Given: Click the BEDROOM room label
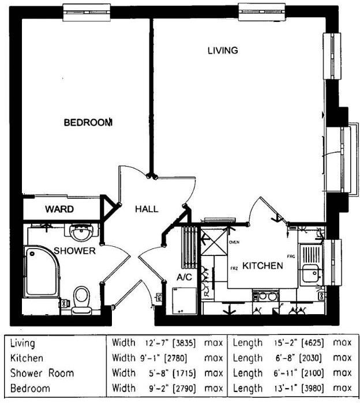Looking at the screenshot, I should pos(88,122).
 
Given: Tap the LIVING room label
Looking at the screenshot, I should pos(222,51).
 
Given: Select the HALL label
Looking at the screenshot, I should pos(147,209).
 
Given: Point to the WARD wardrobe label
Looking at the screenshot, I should pos(59,209).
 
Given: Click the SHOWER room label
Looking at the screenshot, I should pos(74,251).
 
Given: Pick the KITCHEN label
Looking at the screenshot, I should pos(262,266).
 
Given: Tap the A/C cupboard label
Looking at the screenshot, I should pos(184,278).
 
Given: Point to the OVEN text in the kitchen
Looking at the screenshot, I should pos(234,243).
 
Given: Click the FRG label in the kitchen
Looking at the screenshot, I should pos(291,255).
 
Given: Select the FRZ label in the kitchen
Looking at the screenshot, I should pos(234,269).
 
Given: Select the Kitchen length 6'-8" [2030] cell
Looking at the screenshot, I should pos(292,358).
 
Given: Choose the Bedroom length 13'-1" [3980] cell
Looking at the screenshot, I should pos(292,388).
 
